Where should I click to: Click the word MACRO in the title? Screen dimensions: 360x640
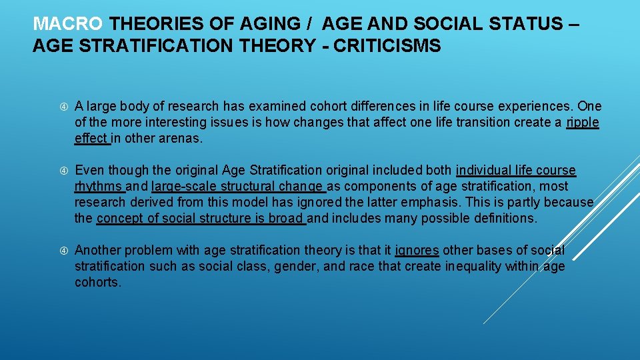68,25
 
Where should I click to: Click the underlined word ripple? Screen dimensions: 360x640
583,122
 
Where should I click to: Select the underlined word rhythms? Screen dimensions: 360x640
98,187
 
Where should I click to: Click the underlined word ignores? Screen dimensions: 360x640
417,251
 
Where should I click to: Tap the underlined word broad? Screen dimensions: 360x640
286,219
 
